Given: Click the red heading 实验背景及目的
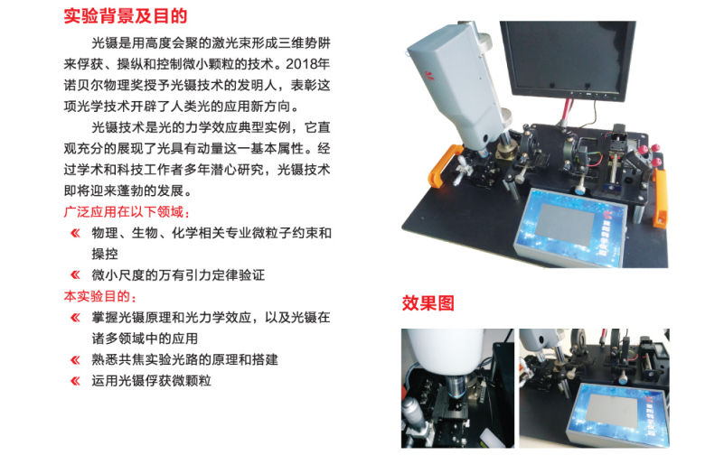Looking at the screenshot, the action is point(125,15).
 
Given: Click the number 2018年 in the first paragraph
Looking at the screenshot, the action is point(307,63).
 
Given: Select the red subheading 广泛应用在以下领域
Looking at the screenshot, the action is point(127,211).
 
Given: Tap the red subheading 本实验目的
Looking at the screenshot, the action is point(99,296).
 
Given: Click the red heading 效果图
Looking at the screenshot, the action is point(428,302).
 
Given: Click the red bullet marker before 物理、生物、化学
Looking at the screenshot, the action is point(75,233).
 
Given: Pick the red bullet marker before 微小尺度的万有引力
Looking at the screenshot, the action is point(75,275).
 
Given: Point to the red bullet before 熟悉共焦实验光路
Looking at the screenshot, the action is point(75,359).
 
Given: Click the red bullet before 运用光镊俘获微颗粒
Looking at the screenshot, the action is point(75,381).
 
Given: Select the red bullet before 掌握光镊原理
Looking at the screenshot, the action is point(75,318).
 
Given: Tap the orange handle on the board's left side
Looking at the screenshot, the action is point(444,166).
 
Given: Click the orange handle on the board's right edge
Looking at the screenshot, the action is point(661,198).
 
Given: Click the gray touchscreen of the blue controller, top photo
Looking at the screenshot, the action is point(565,225).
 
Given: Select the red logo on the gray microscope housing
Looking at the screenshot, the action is point(429,75).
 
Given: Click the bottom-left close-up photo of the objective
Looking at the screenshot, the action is point(457,388).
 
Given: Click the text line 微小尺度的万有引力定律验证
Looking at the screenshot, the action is point(178,275).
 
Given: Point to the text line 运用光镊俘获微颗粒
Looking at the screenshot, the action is point(152,381).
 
